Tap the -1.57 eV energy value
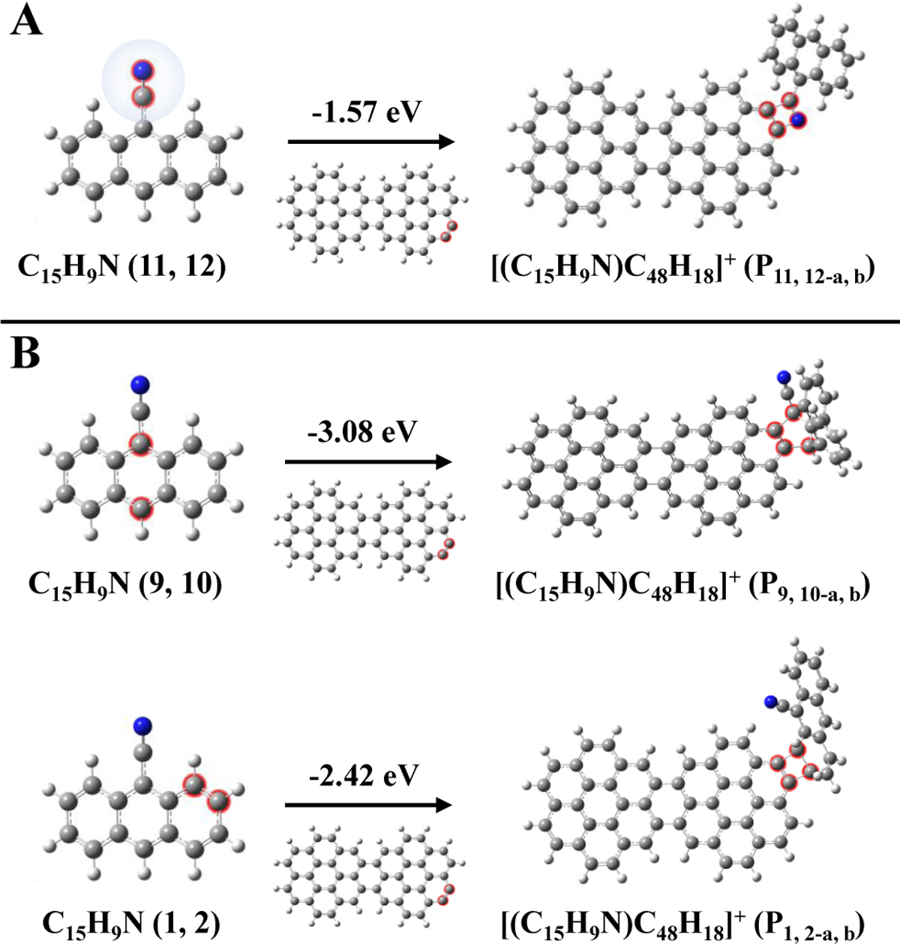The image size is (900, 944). coord(366,112)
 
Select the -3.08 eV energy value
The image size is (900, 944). coord(362,432)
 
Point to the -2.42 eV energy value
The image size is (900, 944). coord(364,775)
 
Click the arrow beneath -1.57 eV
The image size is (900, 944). coord(371,142)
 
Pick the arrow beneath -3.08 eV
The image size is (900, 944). coord(368,463)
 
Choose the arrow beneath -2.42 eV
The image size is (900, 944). coord(368,805)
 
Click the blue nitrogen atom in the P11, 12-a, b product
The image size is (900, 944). coord(798,120)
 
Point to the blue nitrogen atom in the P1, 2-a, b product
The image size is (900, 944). coord(771,716)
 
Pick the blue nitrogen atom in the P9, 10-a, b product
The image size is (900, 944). coord(784,377)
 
